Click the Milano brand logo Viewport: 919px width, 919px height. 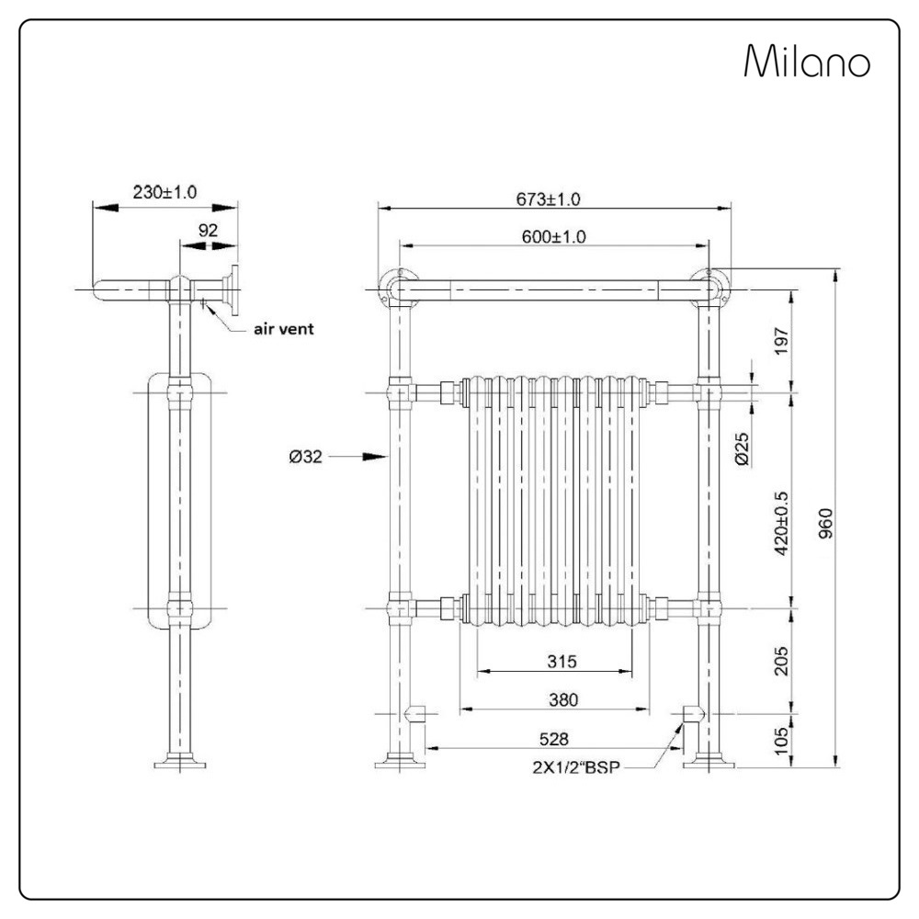pyautogui.click(x=807, y=62)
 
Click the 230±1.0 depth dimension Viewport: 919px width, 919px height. pyautogui.click(x=165, y=192)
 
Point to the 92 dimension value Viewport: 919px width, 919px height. pyautogui.click(x=209, y=231)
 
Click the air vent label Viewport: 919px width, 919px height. pyautogui.click(x=284, y=328)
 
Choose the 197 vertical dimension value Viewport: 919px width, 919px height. pyautogui.click(x=782, y=341)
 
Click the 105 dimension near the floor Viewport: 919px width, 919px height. pyautogui.click(x=782, y=739)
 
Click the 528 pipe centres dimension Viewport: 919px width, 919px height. pyautogui.click(x=554, y=738)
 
